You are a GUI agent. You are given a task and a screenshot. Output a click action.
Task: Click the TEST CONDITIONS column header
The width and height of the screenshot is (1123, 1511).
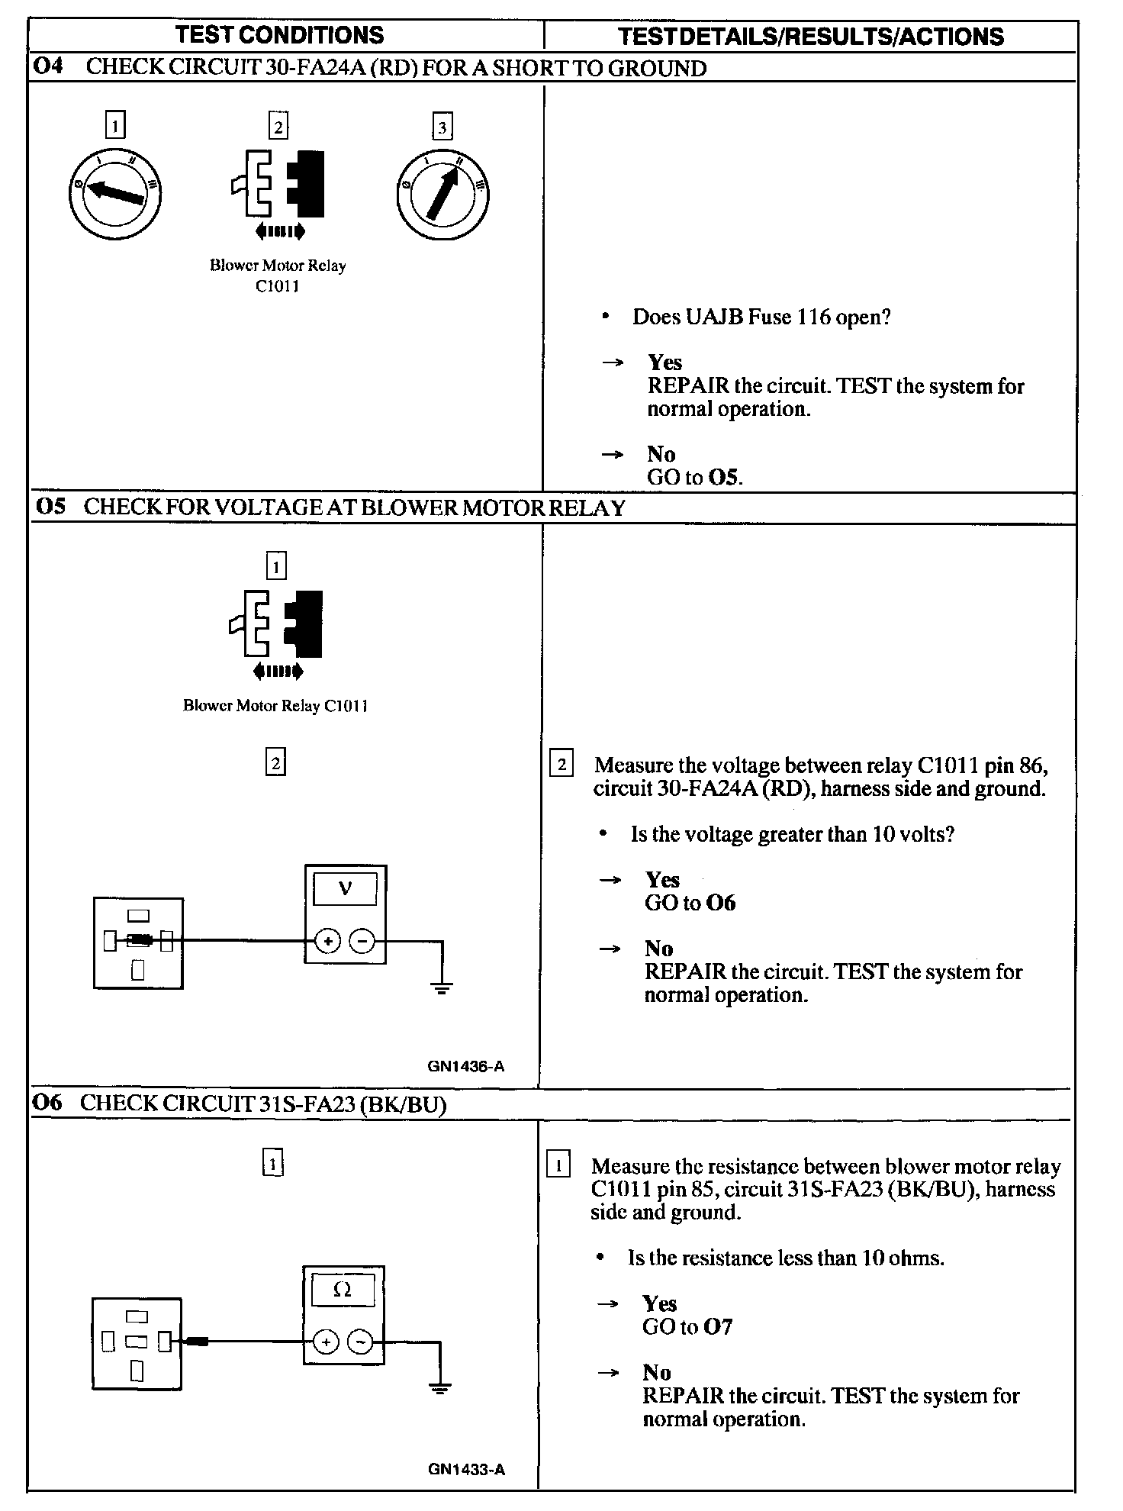point(280,35)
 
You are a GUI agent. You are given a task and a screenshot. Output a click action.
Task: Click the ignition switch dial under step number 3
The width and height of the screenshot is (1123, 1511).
point(442,195)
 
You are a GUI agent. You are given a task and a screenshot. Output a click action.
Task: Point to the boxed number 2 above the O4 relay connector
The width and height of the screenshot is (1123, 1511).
point(278,126)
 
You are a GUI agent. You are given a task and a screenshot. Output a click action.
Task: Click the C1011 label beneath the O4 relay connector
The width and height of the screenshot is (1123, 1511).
point(278,286)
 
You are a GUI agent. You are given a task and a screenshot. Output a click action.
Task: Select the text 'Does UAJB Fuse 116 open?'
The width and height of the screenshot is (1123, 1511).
point(761,317)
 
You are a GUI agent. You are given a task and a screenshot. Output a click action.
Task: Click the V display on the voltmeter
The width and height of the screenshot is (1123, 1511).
point(345,889)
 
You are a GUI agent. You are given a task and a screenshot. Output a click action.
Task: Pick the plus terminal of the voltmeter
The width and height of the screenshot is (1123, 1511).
point(327,942)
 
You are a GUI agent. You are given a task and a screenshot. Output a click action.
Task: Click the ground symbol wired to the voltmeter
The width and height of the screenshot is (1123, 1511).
point(442,987)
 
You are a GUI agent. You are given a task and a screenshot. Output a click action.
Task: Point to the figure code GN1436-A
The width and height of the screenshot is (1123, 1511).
point(466,1066)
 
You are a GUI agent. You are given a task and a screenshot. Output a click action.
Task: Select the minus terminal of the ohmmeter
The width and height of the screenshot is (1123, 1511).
point(361,1342)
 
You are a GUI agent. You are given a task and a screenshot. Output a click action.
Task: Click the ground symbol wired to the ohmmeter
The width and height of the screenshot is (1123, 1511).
point(439,1387)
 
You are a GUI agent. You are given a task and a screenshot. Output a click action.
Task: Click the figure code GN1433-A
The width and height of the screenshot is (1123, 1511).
point(466,1470)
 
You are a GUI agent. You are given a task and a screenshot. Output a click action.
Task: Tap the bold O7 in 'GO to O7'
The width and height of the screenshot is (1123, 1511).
point(718,1327)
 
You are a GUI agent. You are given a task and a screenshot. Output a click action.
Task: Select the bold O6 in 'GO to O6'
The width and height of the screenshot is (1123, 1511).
point(721,903)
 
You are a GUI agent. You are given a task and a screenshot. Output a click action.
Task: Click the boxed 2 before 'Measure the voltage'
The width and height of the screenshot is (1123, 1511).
point(561,764)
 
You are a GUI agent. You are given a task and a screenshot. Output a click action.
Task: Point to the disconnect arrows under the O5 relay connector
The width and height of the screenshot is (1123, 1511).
point(278,672)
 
